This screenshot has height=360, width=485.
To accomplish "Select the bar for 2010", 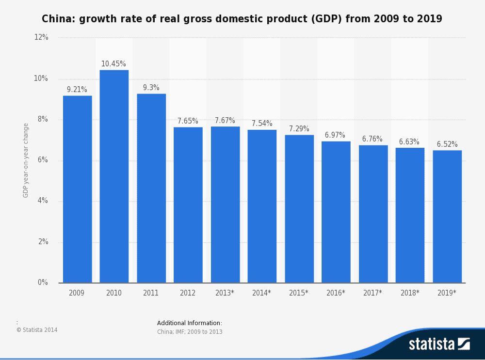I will point(114,176).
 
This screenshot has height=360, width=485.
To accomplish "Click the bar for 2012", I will point(188,205).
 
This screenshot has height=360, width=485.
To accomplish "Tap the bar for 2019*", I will point(447,217).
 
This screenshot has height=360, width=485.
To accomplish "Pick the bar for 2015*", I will point(299,209).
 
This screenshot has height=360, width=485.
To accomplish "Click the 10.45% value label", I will point(113,64).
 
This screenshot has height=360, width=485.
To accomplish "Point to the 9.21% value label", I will point(77,90).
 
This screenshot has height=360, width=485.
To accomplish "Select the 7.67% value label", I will point(225,121).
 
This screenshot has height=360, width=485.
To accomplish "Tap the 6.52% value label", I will point(447,144).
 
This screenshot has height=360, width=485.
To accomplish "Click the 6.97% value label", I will point(335,135).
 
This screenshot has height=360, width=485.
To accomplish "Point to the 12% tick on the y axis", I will point(41,37).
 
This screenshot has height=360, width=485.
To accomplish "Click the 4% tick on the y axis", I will point(43,201).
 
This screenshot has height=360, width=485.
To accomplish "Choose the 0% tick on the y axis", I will point(43,282).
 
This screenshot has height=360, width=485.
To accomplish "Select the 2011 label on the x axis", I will point(151,293).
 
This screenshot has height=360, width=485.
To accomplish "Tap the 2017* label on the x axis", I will point(372,293).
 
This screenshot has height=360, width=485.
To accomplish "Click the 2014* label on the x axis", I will point(261,293).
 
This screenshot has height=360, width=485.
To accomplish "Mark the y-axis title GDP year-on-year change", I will point(26,160).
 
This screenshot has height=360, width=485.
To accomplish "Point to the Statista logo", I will point(439,344).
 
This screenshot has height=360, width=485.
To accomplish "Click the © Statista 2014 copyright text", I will point(37,330).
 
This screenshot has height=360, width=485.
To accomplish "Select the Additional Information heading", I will point(189,323).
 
